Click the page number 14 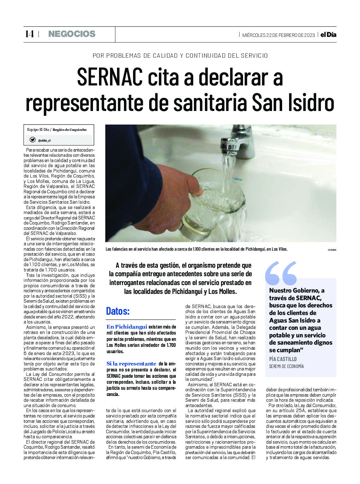pos(29,34)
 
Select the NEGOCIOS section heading pos(72,34)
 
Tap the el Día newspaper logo pos(328,35)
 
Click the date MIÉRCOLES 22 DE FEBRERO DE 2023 pos(278,35)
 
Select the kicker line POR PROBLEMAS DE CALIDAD pos(180,56)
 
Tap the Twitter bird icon pos(32,140)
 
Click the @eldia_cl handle pos(44,141)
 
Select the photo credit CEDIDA pos(332,250)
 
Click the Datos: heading pos(118,311)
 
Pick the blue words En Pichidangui pos(127,327)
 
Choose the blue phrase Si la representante pos(131,364)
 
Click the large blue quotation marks pos(281,273)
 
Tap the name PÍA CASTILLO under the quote pos(283,359)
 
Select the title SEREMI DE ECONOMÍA pos(286,366)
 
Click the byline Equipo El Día pos(38,130)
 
